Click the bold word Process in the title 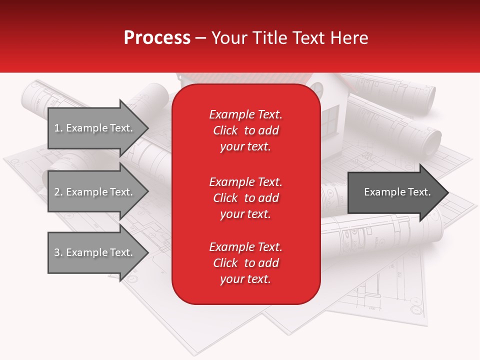[x=157, y=38]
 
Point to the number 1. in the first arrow [x=58, y=128]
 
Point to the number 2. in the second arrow [x=58, y=192]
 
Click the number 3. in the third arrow [x=58, y=252]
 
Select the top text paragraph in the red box [x=245, y=130]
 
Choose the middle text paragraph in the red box [x=245, y=198]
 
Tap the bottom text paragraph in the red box [x=245, y=263]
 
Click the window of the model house [x=330, y=120]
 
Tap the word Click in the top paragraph [x=225, y=131]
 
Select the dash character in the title [x=200, y=38]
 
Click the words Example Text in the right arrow [x=397, y=192]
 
